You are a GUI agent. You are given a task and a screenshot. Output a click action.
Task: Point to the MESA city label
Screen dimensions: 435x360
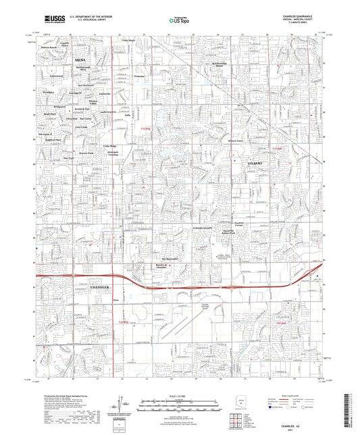tap(77, 60)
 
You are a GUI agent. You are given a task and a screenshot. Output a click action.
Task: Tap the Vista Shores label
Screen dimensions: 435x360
tap(129, 42)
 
